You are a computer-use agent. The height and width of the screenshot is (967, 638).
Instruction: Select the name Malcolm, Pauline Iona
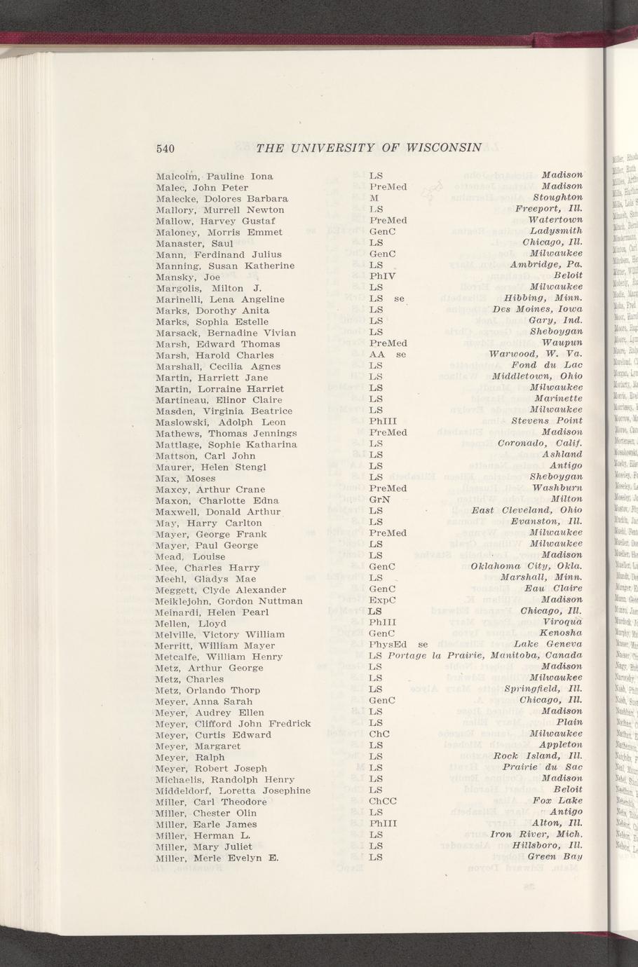click(215, 177)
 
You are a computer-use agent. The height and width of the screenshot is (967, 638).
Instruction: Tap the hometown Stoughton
click(558, 198)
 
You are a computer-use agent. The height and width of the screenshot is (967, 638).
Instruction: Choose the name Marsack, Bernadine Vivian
click(226, 332)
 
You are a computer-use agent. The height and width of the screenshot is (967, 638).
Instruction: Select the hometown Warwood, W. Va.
click(536, 354)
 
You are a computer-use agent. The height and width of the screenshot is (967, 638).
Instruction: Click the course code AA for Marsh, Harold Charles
click(375, 355)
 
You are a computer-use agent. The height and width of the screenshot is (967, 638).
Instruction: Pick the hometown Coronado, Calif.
click(540, 444)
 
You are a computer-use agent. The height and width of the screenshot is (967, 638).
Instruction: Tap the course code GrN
click(379, 500)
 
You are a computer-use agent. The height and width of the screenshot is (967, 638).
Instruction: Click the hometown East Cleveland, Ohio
click(527, 510)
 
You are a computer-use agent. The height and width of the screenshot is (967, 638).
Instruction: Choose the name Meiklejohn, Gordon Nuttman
click(229, 601)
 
